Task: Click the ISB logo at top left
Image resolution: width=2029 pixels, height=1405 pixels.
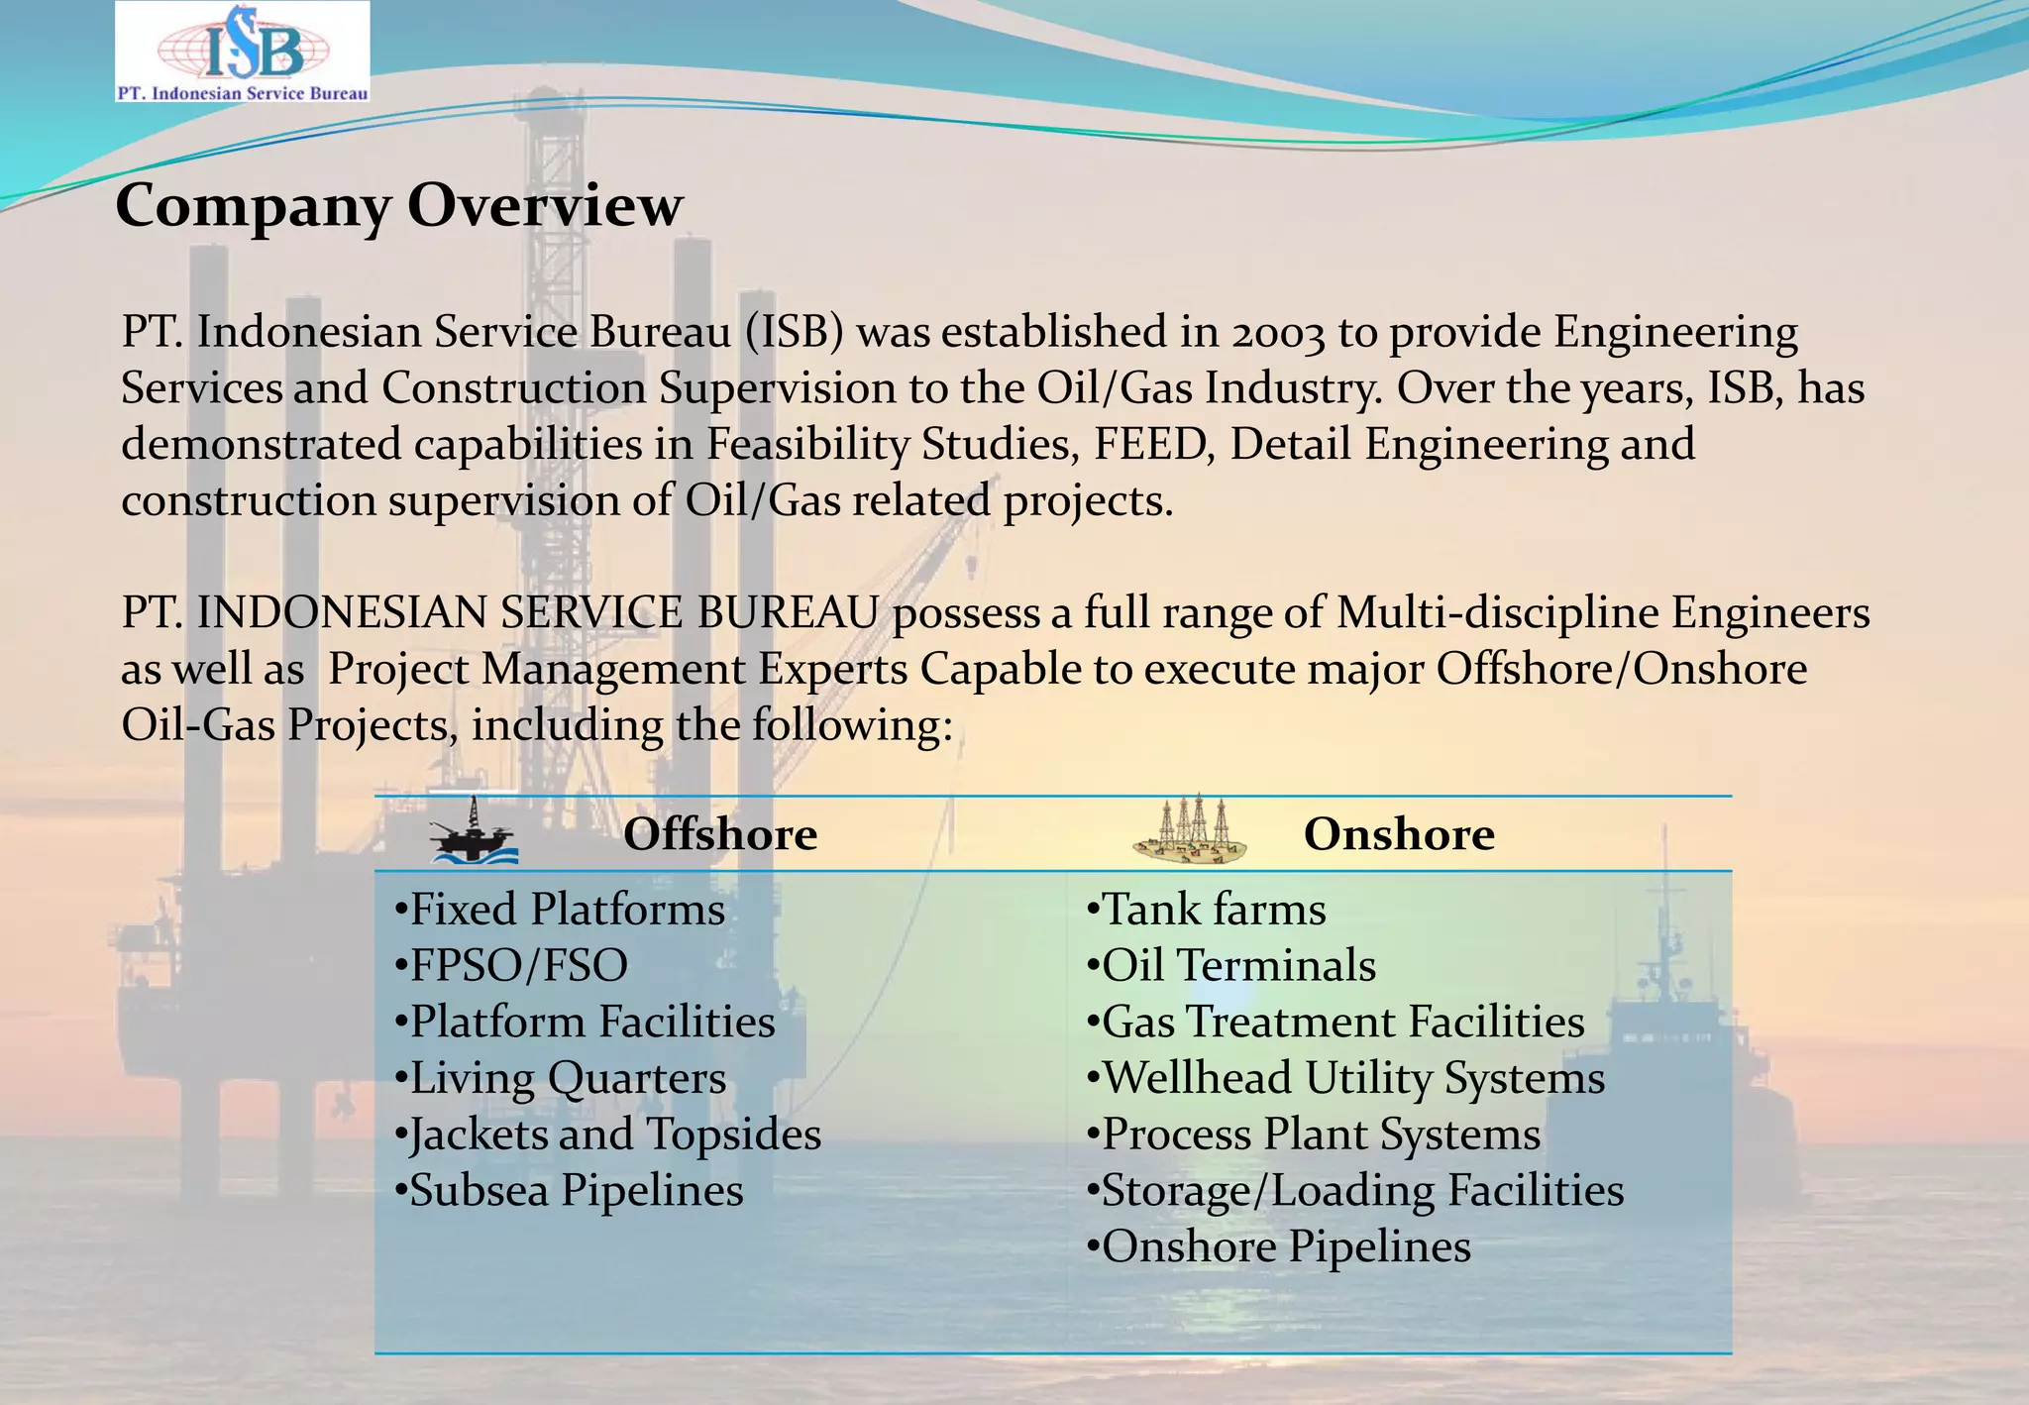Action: [242, 52]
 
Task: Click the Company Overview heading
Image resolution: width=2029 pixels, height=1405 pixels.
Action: [398, 206]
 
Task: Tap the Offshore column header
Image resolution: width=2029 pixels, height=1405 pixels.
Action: [719, 834]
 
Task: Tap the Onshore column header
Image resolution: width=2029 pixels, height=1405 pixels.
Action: [1398, 834]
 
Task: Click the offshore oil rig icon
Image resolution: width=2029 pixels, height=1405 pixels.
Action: [474, 832]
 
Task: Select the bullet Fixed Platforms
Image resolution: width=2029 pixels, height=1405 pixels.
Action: [560, 910]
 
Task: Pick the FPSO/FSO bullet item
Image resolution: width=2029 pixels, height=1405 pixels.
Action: [511, 966]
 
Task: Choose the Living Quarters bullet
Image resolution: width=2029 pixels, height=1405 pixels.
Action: [560, 1078]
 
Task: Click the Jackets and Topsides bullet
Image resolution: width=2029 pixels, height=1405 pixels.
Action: [607, 1135]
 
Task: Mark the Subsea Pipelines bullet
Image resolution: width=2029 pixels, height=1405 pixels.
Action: [569, 1191]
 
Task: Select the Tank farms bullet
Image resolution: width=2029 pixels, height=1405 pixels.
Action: [1206, 910]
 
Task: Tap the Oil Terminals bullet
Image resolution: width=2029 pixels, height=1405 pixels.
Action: [1230, 966]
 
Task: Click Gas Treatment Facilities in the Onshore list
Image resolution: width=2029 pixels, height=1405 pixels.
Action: [1335, 1023]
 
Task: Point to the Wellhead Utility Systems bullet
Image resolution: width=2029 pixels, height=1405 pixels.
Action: [1345, 1078]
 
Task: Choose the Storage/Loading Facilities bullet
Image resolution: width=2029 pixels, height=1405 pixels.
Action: [1355, 1191]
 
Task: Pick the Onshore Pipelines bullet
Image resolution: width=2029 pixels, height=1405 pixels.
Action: [1278, 1247]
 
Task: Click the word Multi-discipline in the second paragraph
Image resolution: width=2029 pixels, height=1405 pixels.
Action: [1497, 613]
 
